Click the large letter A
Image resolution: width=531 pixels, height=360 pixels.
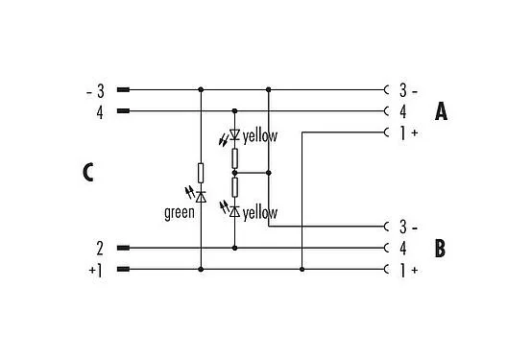(x=441, y=111)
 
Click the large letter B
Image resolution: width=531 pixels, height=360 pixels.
(x=441, y=249)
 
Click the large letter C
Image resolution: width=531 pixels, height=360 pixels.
(x=87, y=173)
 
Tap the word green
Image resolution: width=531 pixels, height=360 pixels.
(x=179, y=212)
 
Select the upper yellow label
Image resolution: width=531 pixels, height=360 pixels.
(x=259, y=136)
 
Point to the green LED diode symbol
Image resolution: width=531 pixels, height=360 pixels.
(x=200, y=195)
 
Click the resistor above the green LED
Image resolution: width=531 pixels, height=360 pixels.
(x=200, y=173)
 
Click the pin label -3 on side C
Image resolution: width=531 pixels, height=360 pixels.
(x=96, y=90)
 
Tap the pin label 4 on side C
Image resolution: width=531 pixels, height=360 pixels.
(x=99, y=111)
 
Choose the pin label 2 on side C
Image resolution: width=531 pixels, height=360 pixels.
(x=99, y=248)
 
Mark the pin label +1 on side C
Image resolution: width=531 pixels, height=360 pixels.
(x=95, y=270)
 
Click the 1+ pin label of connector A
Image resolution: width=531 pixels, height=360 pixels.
(x=408, y=132)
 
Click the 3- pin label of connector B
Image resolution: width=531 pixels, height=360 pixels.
(x=407, y=227)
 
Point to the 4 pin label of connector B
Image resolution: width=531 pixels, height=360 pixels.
(x=403, y=248)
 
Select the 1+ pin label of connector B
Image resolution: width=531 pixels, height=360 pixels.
(x=408, y=270)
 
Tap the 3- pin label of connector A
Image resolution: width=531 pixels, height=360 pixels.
(x=407, y=90)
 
